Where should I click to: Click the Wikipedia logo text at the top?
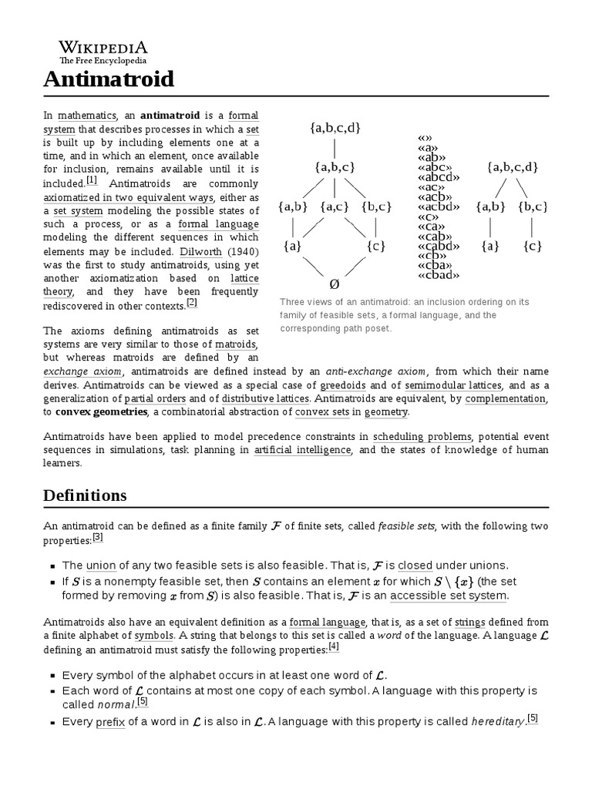[x=103, y=47]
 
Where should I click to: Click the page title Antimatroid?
[x=109, y=79]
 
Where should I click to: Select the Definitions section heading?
[x=85, y=495]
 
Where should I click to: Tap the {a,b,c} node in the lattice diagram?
[x=335, y=167]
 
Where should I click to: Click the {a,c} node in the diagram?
[x=335, y=206]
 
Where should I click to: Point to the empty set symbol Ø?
[x=335, y=284]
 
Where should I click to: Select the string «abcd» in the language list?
[x=438, y=177]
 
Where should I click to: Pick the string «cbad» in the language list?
[x=438, y=275]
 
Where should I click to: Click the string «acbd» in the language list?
[x=438, y=206]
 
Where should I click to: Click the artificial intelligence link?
[x=302, y=450]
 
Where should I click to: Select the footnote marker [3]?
[x=98, y=537]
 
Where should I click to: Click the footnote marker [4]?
[x=334, y=646]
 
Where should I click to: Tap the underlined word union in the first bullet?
[x=100, y=565]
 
